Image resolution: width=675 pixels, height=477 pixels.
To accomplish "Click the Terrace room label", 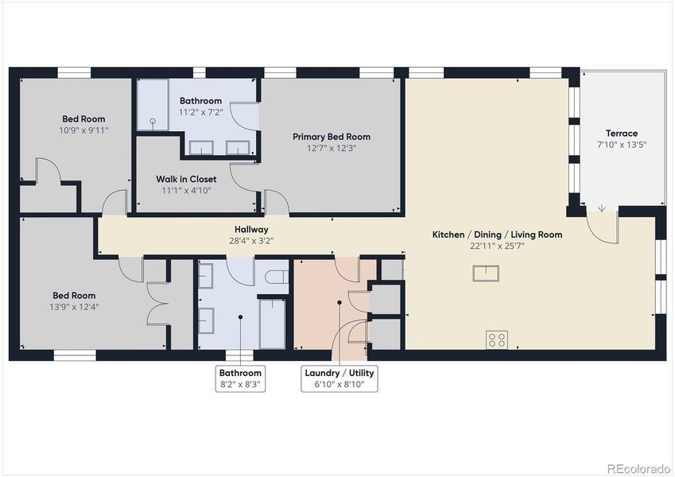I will click(622, 134).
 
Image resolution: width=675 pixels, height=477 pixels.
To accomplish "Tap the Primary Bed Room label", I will click(331, 137).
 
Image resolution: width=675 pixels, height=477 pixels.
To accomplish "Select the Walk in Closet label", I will click(186, 180).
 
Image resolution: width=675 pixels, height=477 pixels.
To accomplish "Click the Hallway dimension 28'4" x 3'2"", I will click(250, 240).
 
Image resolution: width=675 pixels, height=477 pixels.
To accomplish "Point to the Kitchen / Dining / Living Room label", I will click(497, 235).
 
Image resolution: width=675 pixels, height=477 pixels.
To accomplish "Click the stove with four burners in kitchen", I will click(497, 339).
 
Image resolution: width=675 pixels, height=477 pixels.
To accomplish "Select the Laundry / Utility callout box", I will click(339, 378).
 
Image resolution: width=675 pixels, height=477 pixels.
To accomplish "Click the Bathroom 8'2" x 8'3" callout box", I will click(240, 378).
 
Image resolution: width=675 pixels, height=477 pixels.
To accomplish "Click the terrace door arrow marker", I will click(602, 208).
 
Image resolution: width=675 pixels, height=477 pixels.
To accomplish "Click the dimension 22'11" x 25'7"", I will click(497, 246).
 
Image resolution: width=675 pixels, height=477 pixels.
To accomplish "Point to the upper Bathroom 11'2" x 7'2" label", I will click(200, 107).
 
